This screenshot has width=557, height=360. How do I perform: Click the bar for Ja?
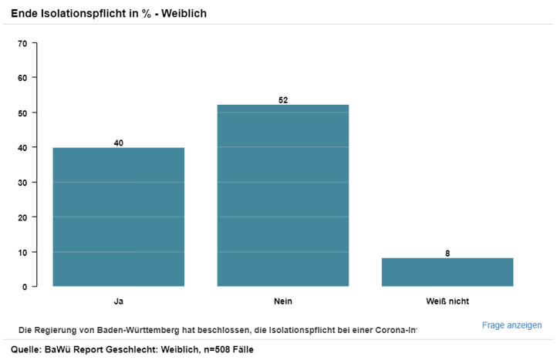[118, 217]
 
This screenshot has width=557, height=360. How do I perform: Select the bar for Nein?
[283, 196]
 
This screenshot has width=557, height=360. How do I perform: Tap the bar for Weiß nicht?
[447, 272]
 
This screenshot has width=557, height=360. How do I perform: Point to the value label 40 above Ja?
[118, 143]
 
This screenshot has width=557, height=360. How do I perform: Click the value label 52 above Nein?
[283, 100]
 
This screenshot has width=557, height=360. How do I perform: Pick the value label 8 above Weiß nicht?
[447, 253]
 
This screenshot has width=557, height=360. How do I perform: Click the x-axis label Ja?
[118, 301]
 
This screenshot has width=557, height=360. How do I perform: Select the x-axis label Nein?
[283, 301]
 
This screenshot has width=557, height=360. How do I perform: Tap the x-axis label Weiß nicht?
[447, 301]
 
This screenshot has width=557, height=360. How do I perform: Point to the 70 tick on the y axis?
[22, 43]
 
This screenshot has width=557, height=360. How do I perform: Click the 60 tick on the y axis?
[22, 78]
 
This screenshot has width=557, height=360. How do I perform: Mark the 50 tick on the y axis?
[22, 113]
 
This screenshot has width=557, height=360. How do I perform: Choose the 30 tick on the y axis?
[22, 183]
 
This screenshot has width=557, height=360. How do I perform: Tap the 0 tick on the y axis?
[25, 287]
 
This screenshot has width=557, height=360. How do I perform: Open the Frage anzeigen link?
[511, 325]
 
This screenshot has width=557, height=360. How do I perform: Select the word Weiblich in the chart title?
[182, 14]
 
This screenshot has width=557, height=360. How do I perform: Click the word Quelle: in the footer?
[27, 350]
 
